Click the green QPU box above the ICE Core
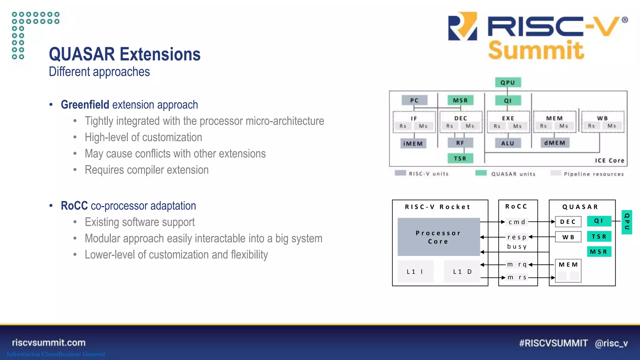click(x=508, y=82)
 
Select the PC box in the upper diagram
click(x=414, y=100)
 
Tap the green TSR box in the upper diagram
click(x=460, y=158)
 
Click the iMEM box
click(x=413, y=143)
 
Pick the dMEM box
click(x=555, y=143)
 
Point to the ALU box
click(x=508, y=143)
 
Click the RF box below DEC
click(x=460, y=143)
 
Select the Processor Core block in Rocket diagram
click(x=438, y=237)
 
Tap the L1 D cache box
click(x=462, y=272)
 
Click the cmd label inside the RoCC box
click(x=517, y=222)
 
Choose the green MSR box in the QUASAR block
click(x=599, y=252)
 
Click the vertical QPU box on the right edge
click(x=627, y=222)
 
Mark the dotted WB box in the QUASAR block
click(x=568, y=237)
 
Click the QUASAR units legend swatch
click(x=481, y=173)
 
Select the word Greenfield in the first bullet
click(x=85, y=105)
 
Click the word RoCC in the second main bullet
click(x=74, y=206)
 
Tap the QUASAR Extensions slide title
click(x=125, y=54)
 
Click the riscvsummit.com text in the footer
click(x=49, y=342)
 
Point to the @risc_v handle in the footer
click(x=611, y=343)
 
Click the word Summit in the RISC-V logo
click(x=536, y=50)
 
